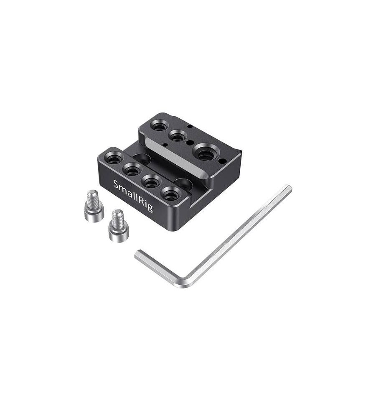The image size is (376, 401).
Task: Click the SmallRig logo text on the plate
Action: (133, 196)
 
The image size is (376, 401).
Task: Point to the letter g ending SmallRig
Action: (150, 208)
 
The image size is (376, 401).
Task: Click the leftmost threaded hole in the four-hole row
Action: (114, 159)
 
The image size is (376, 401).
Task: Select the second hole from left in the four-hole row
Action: (132, 169)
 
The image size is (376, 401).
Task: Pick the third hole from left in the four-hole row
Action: (151, 181)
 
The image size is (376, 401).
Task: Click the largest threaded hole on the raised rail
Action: (206, 153)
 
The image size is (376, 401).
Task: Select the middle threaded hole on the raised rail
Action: (178, 136)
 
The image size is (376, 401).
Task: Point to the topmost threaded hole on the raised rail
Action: (159, 125)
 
